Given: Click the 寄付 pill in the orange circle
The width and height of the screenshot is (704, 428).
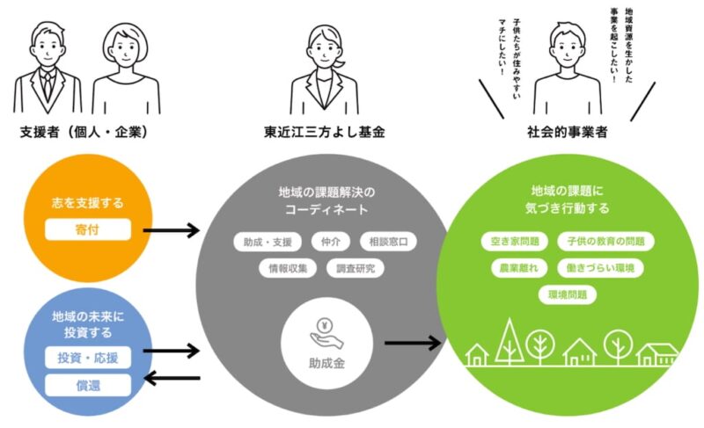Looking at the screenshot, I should (87, 231).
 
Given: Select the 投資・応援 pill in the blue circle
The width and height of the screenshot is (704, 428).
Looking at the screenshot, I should (87, 358).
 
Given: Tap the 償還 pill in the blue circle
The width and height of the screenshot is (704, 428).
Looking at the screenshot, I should (87, 385).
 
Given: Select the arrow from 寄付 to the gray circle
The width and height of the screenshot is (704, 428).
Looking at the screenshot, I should (172, 231).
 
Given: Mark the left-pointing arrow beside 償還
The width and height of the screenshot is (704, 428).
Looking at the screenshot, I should (172, 379).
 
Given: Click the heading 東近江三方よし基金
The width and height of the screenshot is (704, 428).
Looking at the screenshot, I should (325, 133).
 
